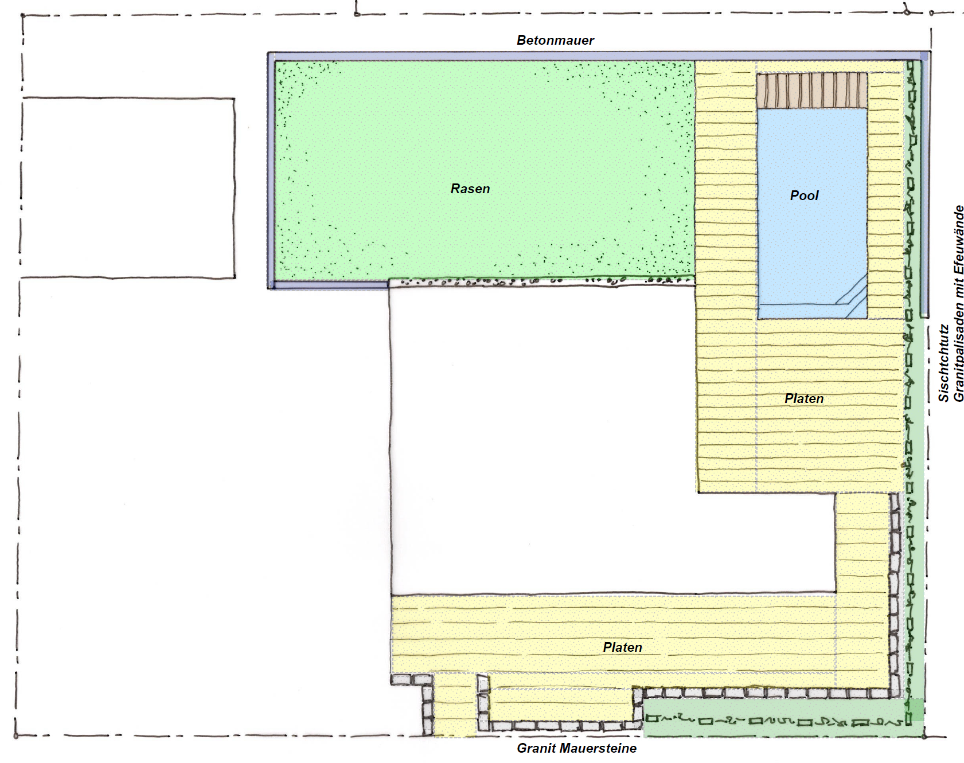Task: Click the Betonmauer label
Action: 555,40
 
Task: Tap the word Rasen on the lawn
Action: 470,189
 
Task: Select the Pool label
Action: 804,195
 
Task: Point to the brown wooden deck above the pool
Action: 811,90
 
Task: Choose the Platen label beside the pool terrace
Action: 804,399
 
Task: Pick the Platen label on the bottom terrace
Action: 622,647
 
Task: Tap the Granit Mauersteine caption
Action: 576,748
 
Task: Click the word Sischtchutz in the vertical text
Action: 943,363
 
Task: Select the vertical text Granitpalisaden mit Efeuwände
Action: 958,304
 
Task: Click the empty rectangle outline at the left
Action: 127,99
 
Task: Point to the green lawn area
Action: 485,170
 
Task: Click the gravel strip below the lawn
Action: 541,281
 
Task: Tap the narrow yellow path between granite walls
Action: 455,705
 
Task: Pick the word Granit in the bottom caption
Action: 536,748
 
